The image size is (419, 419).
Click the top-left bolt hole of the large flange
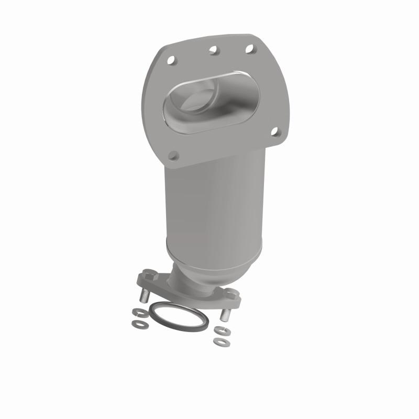(172, 61)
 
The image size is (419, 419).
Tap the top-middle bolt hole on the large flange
(213, 50)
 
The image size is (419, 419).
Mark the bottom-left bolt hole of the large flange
(174, 156)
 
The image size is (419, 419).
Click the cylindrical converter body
(215, 210)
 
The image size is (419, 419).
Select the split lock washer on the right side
(218, 330)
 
